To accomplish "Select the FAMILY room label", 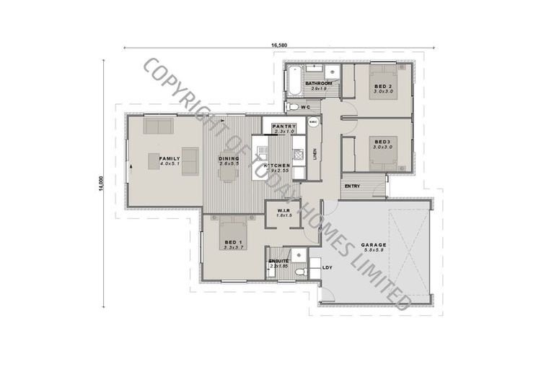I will pyautogui.click(x=170, y=158).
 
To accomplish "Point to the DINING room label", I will pyautogui.click(x=229, y=158).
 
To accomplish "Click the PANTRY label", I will pyautogui.click(x=283, y=126).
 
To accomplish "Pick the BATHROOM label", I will pyautogui.click(x=318, y=83).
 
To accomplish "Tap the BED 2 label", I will pyautogui.click(x=383, y=87).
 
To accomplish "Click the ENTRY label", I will pyautogui.click(x=353, y=186).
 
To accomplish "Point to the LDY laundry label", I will pyautogui.click(x=327, y=268).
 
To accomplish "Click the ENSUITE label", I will pyautogui.click(x=279, y=260).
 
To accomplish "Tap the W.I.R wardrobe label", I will pyautogui.click(x=283, y=210).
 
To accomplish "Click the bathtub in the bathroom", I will pyautogui.click(x=294, y=79).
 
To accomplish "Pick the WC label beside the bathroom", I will pyautogui.click(x=305, y=107).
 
